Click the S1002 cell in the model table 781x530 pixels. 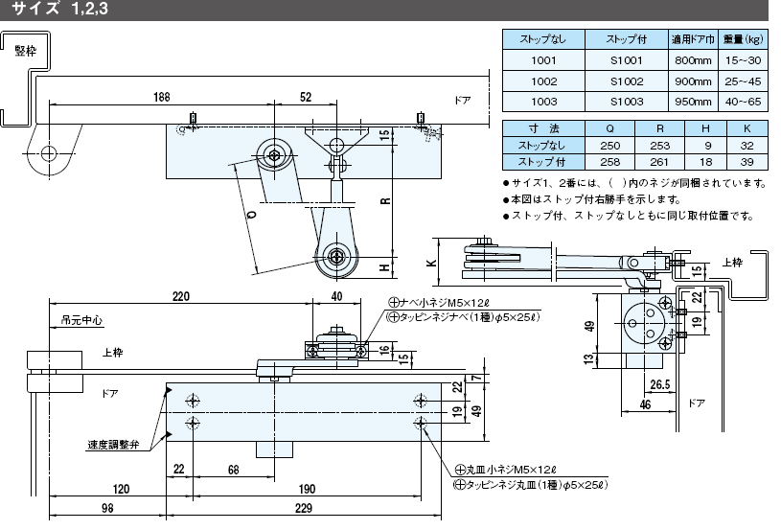627,81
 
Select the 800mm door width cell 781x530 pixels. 693,60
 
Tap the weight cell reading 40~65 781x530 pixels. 743,102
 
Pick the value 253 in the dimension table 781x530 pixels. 660,146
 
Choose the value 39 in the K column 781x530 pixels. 747,162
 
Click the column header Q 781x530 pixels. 609,128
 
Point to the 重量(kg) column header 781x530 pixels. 743,39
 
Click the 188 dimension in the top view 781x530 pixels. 161,97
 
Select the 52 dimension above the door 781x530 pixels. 306,97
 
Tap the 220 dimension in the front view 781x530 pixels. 181,296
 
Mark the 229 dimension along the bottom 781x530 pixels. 304,508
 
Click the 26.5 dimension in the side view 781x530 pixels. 660,384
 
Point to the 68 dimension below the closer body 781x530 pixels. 233,470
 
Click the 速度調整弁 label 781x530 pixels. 113,445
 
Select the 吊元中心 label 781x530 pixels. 81,320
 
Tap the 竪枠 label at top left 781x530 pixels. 26,51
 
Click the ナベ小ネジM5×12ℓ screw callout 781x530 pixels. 439,302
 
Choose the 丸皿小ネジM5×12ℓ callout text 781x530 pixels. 506,470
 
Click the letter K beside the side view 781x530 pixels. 432,263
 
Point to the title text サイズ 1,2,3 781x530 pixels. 59,9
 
